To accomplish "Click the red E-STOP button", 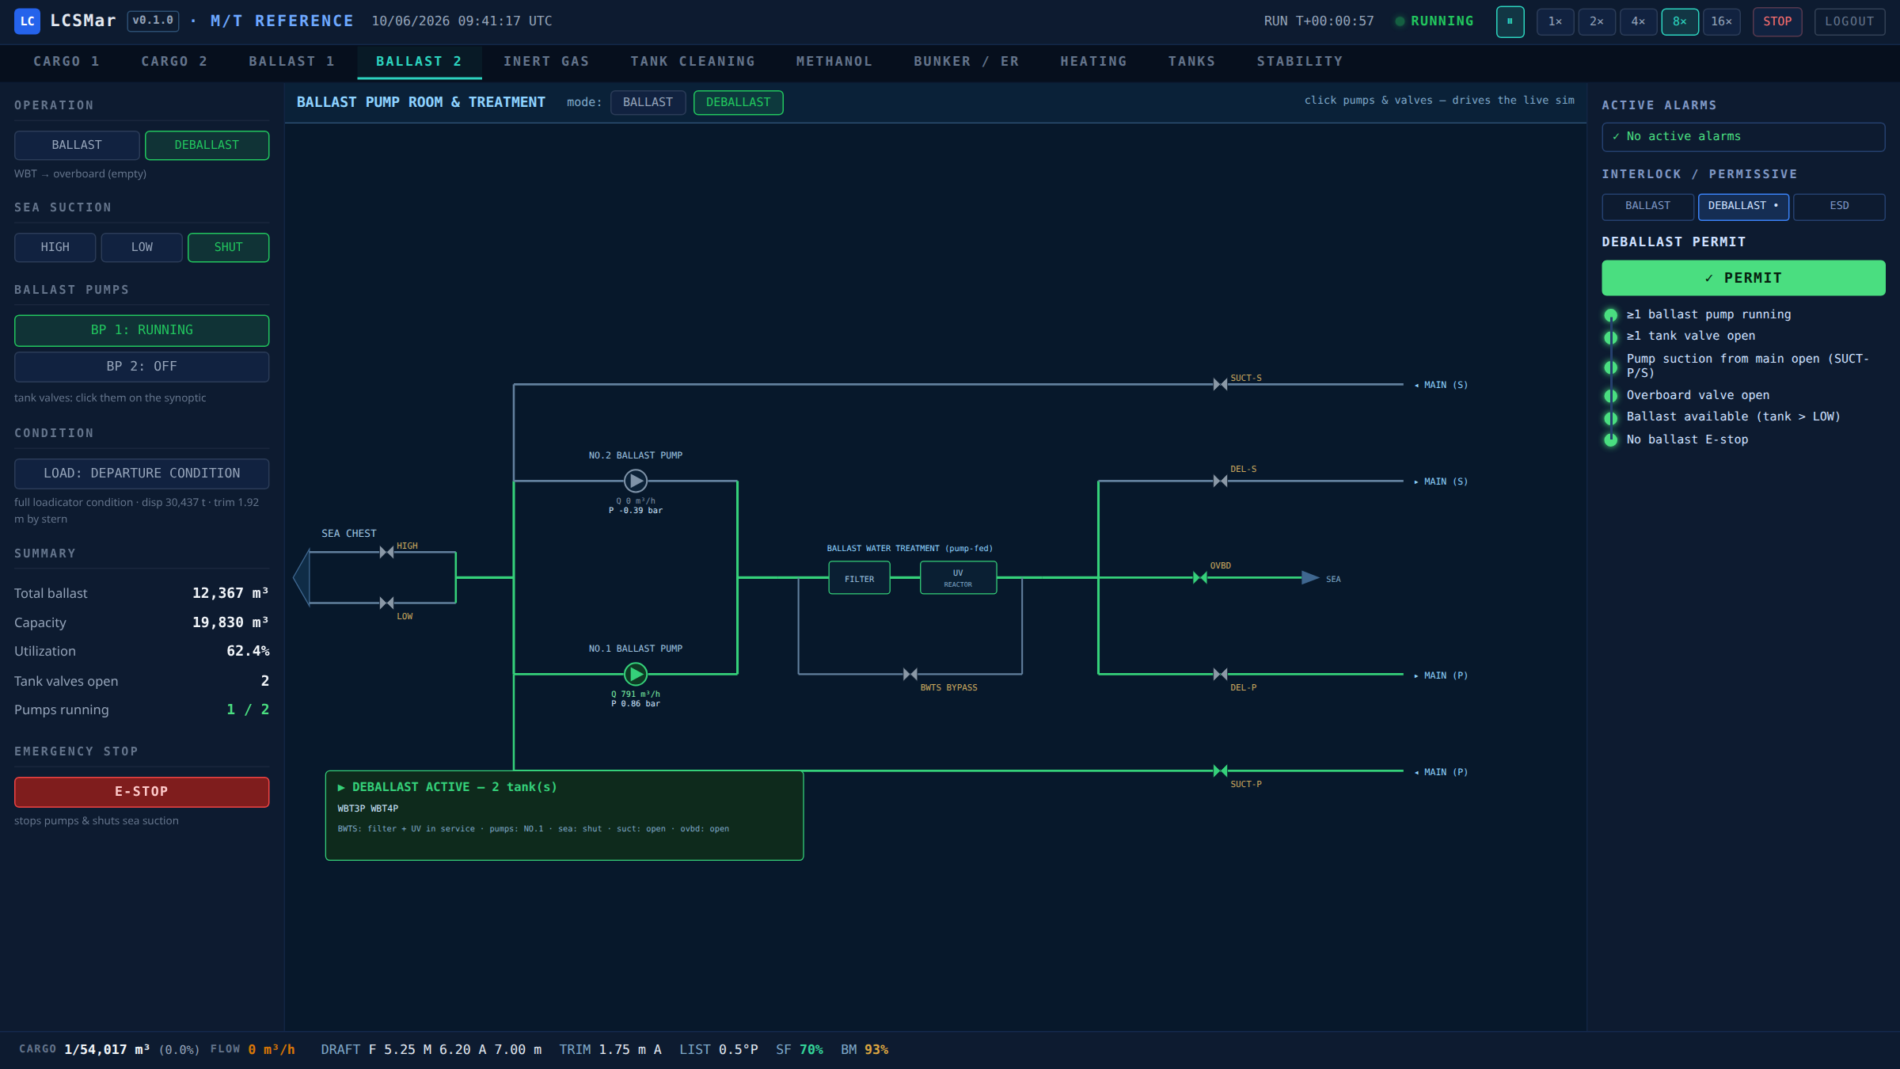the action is [142, 792].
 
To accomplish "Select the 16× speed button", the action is [1721, 21].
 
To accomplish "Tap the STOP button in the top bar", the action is [1777, 21].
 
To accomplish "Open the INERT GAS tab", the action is [546, 62].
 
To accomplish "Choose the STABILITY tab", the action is [1300, 62].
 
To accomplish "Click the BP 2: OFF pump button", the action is [142, 367].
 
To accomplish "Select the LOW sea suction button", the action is [142, 247].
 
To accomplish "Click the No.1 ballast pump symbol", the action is [636, 674].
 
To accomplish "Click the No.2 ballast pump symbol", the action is [636, 481].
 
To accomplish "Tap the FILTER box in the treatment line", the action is [859, 578].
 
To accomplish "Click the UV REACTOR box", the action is [958, 578].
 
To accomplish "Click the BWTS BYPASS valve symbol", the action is [910, 674].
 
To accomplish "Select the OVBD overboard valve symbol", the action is [1200, 578].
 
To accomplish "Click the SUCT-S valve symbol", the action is [1221, 384].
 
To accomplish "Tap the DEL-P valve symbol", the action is [1221, 674].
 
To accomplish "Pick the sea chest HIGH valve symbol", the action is [386, 552].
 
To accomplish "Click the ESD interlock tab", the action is [1839, 206].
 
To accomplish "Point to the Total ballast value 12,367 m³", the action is [230, 593].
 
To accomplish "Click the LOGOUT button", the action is [1849, 21].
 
